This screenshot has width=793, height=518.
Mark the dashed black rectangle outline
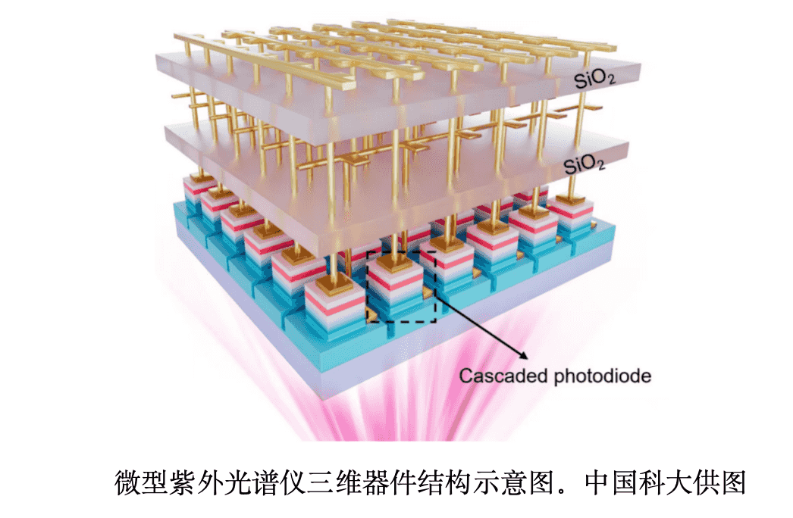click(x=401, y=252)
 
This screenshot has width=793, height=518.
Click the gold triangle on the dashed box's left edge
click(x=371, y=314)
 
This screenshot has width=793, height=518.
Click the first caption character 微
click(x=127, y=482)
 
